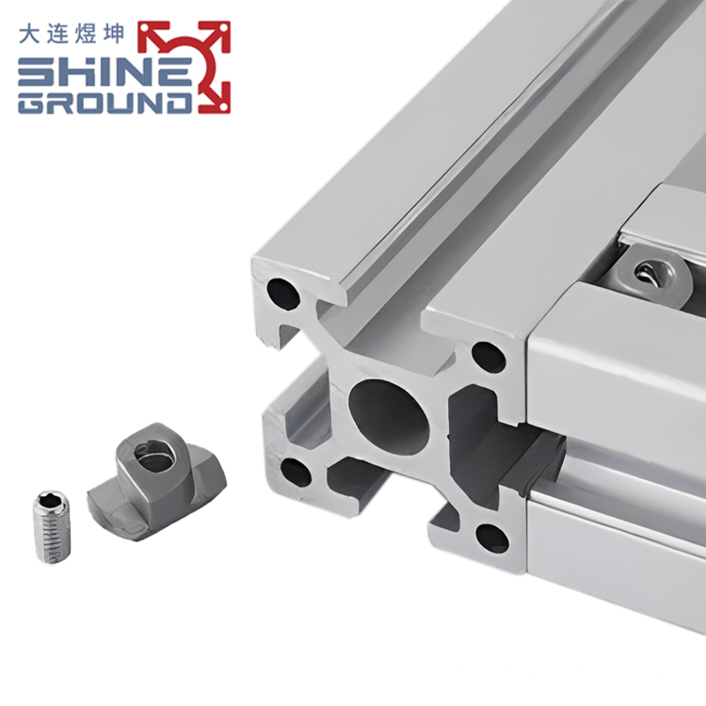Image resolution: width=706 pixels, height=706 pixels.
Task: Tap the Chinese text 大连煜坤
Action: point(72,34)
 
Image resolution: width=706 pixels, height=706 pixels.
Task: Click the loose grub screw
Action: point(52,526)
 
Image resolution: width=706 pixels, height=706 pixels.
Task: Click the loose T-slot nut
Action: point(156,476)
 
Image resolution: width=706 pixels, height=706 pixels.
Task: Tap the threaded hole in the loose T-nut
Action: point(153,457)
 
